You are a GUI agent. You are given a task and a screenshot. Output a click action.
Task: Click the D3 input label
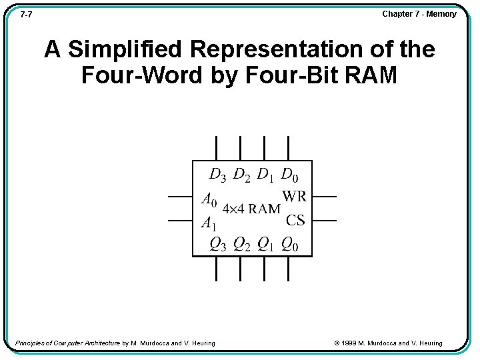217,175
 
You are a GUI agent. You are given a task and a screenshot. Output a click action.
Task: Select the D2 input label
241,175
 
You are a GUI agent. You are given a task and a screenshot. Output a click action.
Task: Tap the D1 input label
265,175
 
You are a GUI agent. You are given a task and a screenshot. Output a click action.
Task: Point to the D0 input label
289,175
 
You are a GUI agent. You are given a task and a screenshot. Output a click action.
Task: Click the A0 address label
209,199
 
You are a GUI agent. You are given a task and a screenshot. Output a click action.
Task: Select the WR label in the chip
294,197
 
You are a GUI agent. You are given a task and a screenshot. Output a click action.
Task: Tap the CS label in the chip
295,220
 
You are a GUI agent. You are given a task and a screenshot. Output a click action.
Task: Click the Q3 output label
217,245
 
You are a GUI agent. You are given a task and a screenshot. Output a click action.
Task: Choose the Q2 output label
241,245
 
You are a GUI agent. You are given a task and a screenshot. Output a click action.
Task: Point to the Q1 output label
265,245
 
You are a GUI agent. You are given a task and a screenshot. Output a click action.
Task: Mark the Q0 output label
289,245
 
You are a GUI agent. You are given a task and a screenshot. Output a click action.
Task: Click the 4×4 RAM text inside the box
251,209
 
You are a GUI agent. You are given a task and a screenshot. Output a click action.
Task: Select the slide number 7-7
27,14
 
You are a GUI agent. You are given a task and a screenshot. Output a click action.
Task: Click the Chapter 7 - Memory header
419,14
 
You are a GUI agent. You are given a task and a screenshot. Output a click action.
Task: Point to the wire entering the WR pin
325,197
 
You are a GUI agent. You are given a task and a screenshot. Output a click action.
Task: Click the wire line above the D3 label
216,148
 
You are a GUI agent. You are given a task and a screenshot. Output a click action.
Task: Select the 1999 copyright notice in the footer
388,343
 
